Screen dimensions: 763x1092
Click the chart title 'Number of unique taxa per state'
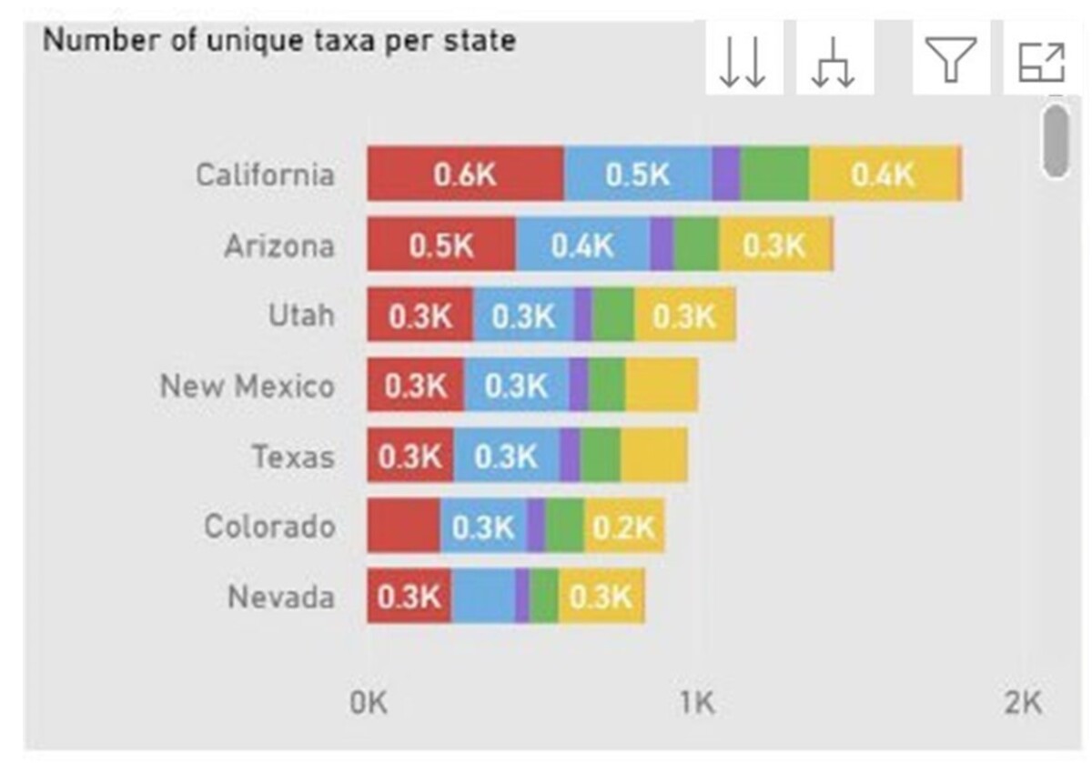279,41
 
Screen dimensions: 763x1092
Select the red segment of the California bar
465,174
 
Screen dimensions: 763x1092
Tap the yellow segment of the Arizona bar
774,245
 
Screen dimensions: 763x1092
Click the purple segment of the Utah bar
582,316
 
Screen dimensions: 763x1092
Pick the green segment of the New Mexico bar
607,386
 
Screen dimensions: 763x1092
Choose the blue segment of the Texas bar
506,456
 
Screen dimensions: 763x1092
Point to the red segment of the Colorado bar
403,526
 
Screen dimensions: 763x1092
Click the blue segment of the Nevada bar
483,597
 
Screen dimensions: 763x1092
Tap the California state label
265,174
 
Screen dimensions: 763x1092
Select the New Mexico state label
248,386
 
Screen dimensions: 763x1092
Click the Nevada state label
280,597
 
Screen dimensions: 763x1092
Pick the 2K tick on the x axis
1022,702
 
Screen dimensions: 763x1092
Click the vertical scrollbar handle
1056,141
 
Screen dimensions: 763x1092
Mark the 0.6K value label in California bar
465,174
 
